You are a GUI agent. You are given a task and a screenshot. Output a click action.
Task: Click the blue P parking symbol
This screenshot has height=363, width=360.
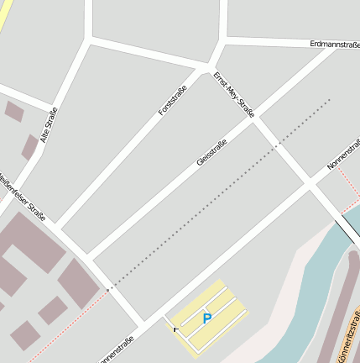tap(206, 318)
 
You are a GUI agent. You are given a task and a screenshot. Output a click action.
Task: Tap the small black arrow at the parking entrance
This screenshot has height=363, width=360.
tap(175, 330)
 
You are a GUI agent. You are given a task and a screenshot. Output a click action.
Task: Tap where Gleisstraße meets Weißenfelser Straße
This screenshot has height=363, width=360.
tap(87, 255)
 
